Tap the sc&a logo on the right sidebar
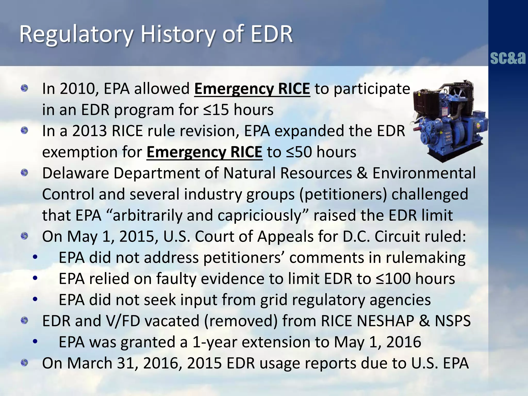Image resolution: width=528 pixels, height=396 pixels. coord(508,58)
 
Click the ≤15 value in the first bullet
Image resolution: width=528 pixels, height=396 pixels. coord(216,110)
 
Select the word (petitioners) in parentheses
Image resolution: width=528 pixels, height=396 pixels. coord(343,194)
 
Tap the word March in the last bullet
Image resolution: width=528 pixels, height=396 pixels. coord(90,364)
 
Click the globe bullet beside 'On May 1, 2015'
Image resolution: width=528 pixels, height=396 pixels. coord(24,236)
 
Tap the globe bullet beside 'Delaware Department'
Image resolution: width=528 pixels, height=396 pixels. coord(24,172)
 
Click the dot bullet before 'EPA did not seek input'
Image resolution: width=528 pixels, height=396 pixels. coord(35,300)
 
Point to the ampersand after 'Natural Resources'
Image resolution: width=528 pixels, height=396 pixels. coord(362,173)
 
